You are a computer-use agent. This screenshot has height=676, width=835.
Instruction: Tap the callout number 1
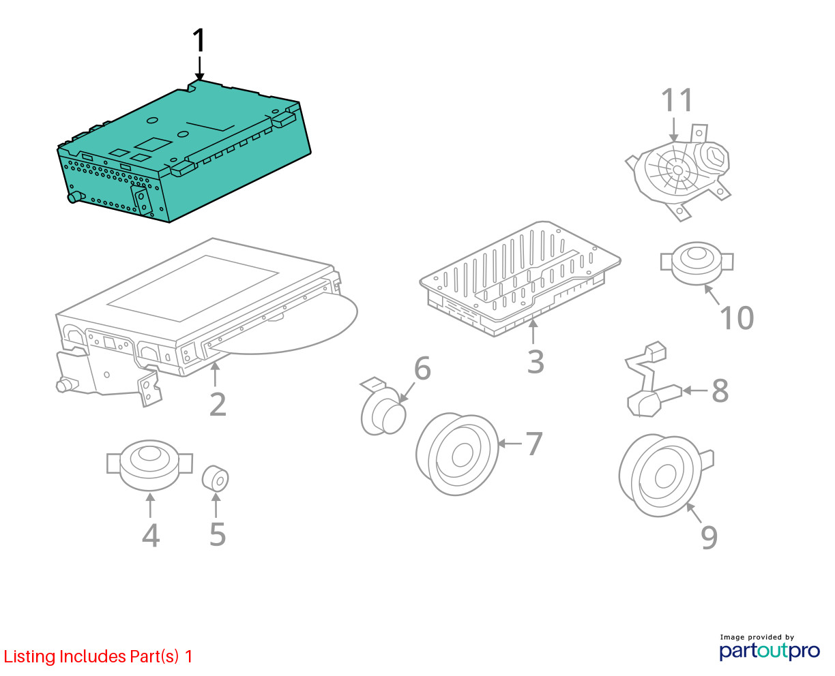pyautogui.click(x=199, y=40)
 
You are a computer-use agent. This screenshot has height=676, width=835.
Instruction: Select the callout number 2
pyautogui.click(x=218, y=404)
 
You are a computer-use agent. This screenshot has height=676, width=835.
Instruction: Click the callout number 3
pyautogui.click(x=536, y=361)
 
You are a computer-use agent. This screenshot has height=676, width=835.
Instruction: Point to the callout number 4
pyautogui.click(x=151, y=535)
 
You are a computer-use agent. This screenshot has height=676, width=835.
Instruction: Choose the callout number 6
pyautogui.click(x=422, y=368)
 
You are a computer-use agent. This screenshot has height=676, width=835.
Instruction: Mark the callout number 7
pyautogui.click(x=534, y=444)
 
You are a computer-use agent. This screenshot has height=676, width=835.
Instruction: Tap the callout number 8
pyautogui.click(x=720, y=390)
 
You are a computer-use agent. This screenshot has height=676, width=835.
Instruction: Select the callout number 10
pyautogui.click(x=737, y=318)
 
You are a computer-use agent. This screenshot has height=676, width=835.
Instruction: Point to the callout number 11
pyautogui.click(x=677, y=99)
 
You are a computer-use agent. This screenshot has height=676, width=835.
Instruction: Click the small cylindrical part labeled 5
pyautogui.click(x=215, y=478)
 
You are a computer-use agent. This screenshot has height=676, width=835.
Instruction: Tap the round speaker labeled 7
pyautogui.click(x=457, y=454)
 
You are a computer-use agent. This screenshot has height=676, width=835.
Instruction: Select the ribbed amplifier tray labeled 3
pyautogui.click(x=520, y=278)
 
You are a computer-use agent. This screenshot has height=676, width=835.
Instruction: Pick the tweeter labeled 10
pyautogui.click(x=697, y=263)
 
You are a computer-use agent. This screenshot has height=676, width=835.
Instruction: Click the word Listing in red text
pyautogui.click(x=30, y=657)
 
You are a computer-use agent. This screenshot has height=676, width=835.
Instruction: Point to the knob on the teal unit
pyautogui.click(x=76, y=197)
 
